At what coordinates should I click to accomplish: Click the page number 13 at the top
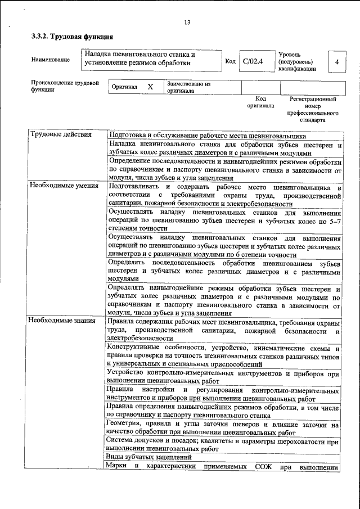pos(187,22)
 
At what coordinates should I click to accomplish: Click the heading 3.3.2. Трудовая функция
pos(69,37)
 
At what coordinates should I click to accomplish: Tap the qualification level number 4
pos(336,61)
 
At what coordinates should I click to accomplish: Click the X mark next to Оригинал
pos(150,88)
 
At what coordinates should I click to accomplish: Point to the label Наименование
pos(51,60)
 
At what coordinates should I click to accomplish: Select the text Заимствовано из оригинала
pos(188,87)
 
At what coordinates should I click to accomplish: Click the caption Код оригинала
pos(260,102)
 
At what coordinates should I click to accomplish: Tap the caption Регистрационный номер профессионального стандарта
pos(313,110)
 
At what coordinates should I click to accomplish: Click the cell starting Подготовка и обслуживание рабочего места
pos(206,136)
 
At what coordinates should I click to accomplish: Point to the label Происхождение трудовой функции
pos(65,85)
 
